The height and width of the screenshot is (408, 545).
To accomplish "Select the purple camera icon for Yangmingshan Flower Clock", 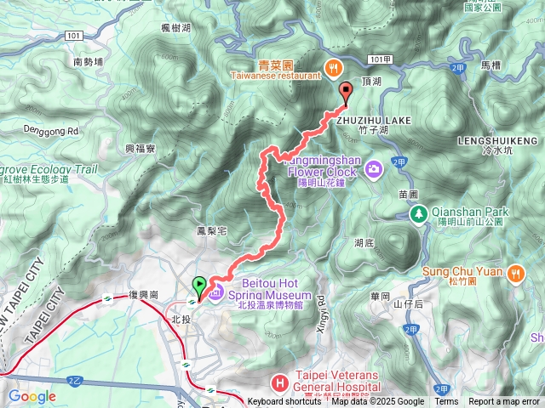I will (x=373, y=170).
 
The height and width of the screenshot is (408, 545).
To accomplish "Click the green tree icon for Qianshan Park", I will (x=418, y=213).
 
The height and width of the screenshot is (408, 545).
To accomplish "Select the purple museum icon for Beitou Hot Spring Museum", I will (x=217, y=292).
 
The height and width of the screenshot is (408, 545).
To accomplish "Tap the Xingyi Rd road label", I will (x=321, y=309).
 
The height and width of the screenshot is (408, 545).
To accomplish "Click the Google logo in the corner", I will (x=32, y=396).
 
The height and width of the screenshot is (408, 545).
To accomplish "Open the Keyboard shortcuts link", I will (x=284, y=402).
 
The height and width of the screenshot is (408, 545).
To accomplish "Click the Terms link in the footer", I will (x=446, y=402).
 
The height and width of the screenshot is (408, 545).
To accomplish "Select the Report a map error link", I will (x=504, y=402).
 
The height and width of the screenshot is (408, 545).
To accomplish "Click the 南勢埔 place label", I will (x=89, y=62).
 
